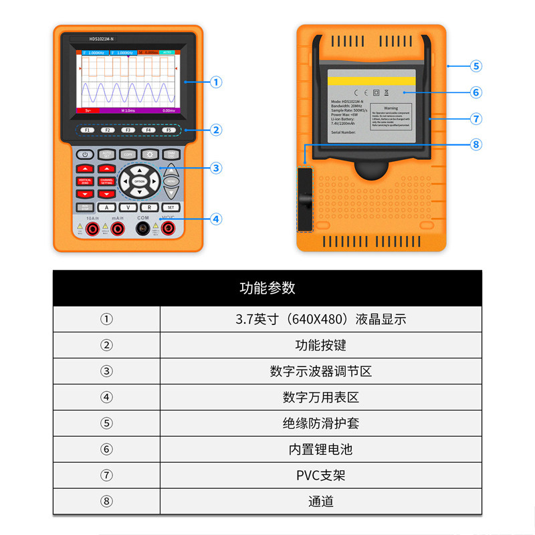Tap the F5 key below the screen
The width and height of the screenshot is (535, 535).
pyautogui.click(x=169, y=130)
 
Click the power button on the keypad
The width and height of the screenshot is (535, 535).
pyautogui.click(x=86, y=154)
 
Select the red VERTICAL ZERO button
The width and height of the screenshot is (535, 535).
pyautogui.click(x=86, y=181)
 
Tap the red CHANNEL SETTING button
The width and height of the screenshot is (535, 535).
pyautogui.click(x=107, y=181)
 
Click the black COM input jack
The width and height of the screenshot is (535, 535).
pyautogui.click(x=143, y=229)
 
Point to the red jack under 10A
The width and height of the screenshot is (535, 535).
pyautogui.click(x=92, y=229)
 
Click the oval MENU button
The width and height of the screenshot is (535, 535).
pyautogui.click(x=171, y=181)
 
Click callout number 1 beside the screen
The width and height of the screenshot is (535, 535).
pyautogui.click(x=215, y=82)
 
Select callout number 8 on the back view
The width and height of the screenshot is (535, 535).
pyautogui.click(x=476, y=144)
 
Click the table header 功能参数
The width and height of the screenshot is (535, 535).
pyautogui.click(x=267, y=288)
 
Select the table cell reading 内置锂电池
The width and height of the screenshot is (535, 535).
pyautogui.click(x=320, y=449)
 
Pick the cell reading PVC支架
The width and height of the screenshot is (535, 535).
pyautogui.click(x=320, y=475)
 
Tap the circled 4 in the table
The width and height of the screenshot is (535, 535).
pyautogui.click(x=106, y=397)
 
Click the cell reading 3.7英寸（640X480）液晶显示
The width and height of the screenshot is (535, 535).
pyautogui.click(x=320, y=319)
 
